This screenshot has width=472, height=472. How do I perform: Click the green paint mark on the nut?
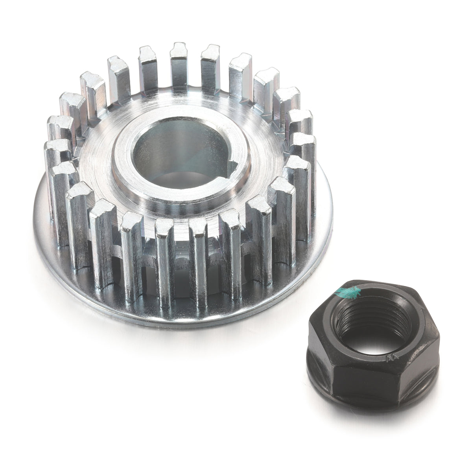click(x=345, y=291)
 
